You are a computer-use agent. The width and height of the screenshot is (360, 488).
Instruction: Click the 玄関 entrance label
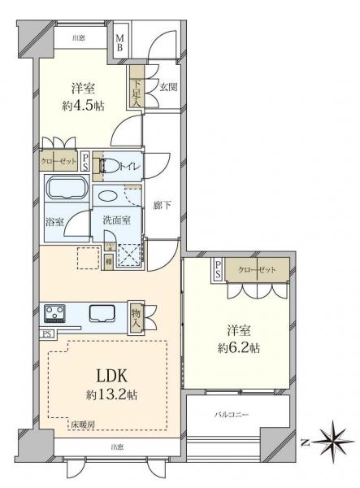167,88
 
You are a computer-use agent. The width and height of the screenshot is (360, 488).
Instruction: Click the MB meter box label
119,41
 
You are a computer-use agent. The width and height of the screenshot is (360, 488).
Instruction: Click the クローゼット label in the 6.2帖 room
256,270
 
